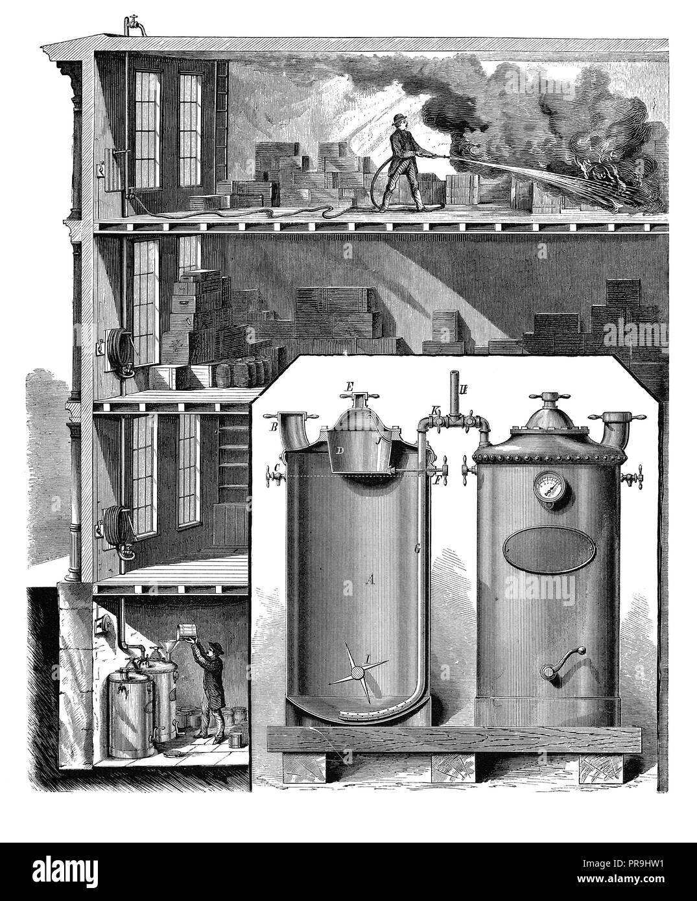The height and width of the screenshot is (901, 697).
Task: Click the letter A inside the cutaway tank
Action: (371, 581)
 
